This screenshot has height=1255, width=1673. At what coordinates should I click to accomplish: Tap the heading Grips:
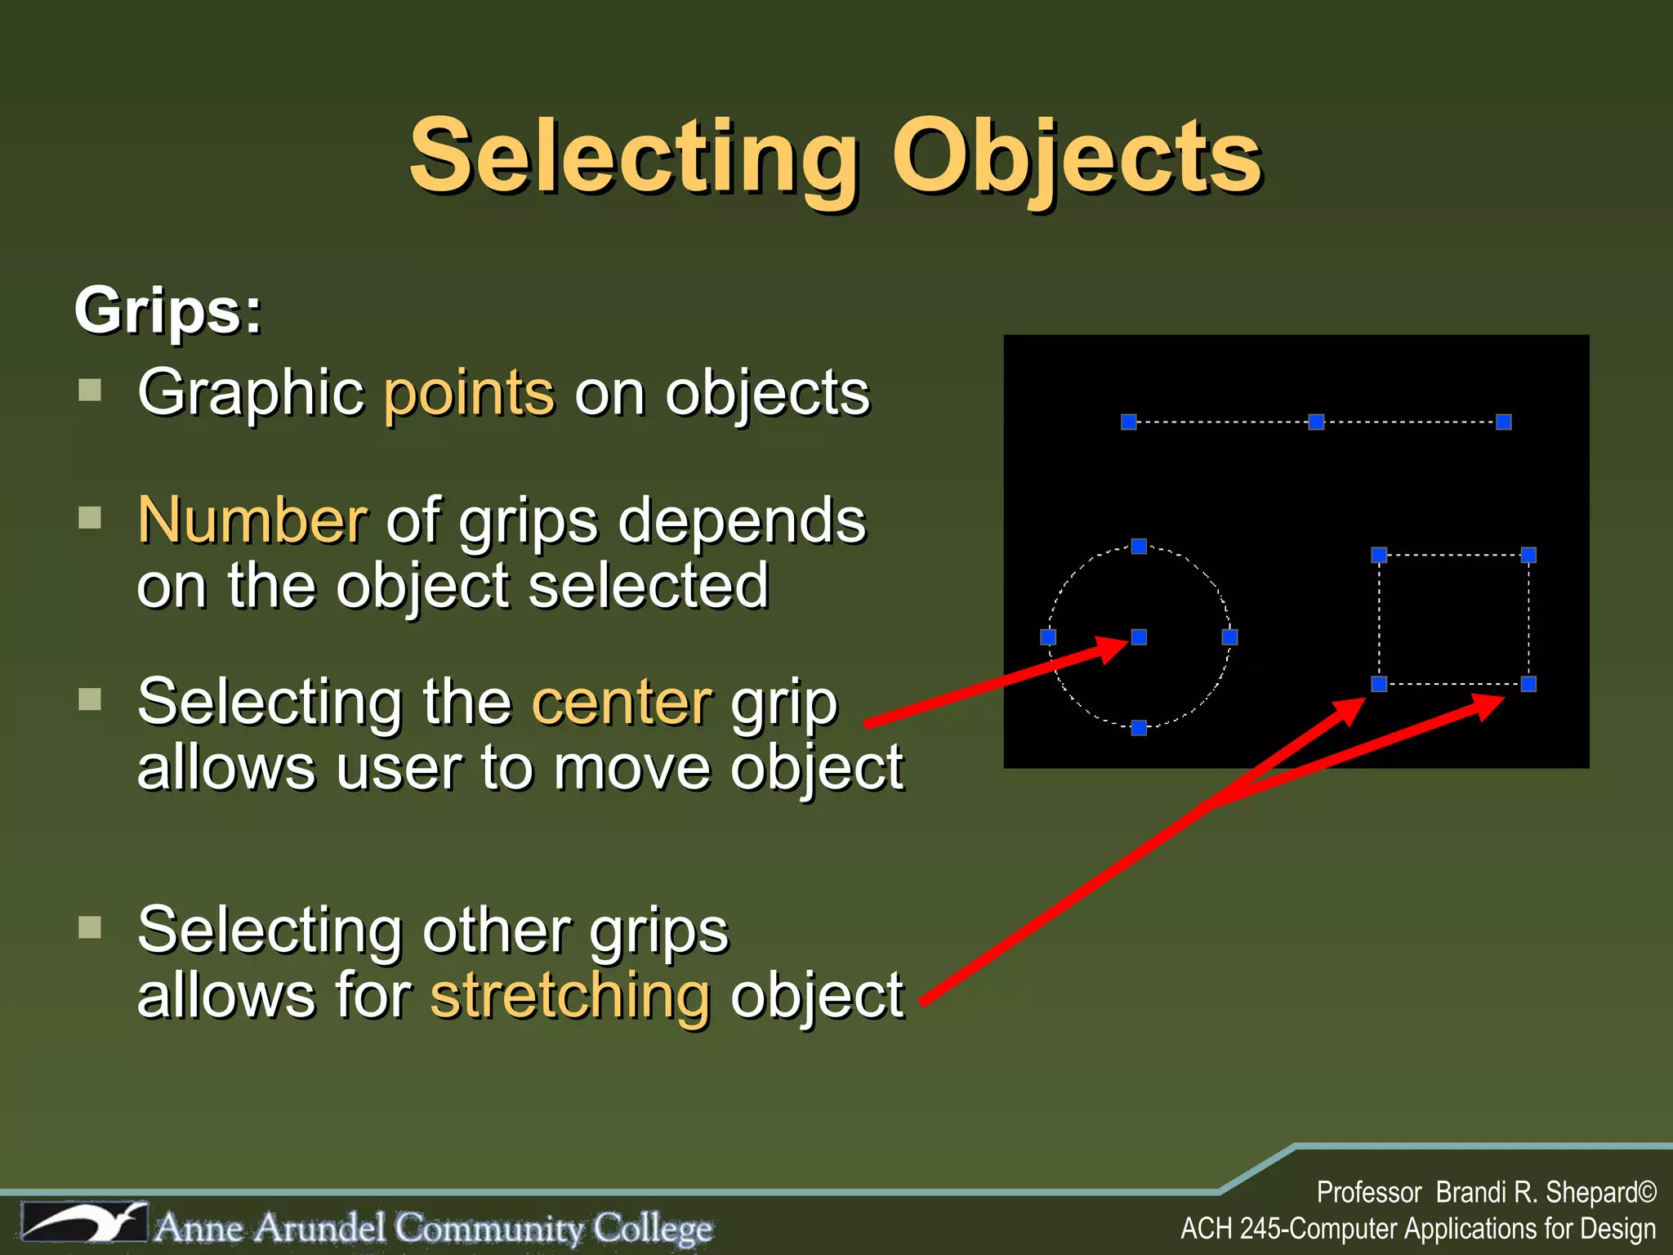click(x=168, y=311)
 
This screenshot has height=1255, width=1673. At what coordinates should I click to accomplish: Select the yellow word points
click(x=470, y=393)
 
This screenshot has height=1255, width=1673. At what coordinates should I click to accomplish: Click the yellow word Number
click(x=252, y=520)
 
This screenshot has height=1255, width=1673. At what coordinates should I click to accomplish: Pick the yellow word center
click(x=622, y=702)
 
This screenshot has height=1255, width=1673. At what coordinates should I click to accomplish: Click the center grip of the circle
click(x=1139, y=636)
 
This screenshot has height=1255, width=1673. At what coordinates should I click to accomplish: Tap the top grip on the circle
click(x=1139, y=546)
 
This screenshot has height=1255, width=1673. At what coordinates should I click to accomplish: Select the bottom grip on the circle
click(x=1139, y=727)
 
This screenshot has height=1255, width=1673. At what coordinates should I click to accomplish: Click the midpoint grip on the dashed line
click(x=1316, y=422)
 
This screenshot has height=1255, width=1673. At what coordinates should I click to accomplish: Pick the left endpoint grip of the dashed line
click(x=1129, y=422)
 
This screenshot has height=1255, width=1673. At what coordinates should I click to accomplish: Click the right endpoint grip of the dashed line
click(x=1503, y=422)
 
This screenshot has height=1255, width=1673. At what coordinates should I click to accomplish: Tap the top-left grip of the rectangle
click(x=1379, y=556)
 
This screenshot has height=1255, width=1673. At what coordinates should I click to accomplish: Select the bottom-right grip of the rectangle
click(x=1528, y=684)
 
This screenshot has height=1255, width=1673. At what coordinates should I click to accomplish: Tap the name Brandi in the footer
click(x=1470, y=1192)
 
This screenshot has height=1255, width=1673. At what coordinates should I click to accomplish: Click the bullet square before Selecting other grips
click(x=90, y=927)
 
